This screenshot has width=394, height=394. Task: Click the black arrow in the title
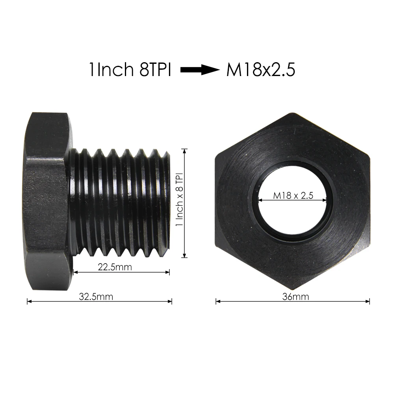199,70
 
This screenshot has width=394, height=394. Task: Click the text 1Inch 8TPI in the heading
130,70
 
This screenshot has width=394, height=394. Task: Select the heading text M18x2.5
260,70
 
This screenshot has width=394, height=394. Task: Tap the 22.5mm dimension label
115,267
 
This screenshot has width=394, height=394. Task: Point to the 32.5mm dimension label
96,296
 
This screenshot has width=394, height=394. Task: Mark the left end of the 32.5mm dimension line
28,301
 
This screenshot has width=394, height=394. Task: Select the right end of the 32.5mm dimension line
171,301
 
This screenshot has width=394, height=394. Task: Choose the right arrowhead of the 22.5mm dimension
168,272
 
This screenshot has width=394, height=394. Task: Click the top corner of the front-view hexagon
292,113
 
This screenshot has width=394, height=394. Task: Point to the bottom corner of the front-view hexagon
292,288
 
